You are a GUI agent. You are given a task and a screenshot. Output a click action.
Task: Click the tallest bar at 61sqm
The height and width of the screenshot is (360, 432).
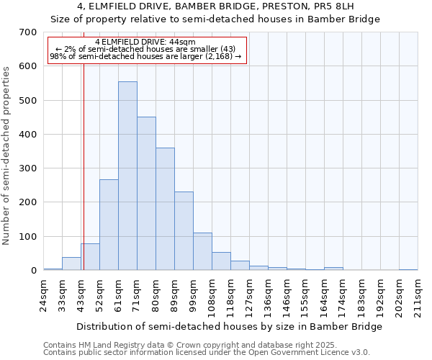tap(127, 176)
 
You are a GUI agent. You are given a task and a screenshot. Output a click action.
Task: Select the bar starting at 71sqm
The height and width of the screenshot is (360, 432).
tap(146, 194)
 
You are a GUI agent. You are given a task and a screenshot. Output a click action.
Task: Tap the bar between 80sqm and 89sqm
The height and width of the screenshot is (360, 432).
tap(165, 209)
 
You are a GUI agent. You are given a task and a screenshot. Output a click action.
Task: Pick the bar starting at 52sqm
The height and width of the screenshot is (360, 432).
tap(109, 225)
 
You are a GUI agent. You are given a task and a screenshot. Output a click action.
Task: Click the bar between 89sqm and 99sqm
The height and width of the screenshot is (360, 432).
tap(184, 231)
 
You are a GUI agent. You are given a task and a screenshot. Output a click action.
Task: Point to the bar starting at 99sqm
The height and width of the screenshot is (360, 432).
tap(202, 251)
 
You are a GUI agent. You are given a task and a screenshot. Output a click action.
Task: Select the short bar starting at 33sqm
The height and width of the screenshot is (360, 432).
tap(71, 264)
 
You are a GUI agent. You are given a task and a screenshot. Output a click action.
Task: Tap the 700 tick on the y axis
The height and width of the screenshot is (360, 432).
tap(28, 32)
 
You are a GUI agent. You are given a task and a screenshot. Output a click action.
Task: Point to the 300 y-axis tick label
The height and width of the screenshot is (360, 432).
tap(28, 168)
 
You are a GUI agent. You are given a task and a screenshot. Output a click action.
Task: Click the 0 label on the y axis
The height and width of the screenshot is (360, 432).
tap(33, 271)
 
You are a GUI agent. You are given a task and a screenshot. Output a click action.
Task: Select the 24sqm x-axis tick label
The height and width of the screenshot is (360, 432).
tap(43, 293)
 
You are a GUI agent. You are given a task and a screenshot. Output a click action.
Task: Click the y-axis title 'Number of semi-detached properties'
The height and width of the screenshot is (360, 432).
tap(6, 156)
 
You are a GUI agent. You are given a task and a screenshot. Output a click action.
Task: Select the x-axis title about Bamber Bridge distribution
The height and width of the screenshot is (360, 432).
tap(229, 326)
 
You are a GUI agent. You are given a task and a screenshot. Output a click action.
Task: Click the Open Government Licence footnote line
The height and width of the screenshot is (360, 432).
tap(207, 353)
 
